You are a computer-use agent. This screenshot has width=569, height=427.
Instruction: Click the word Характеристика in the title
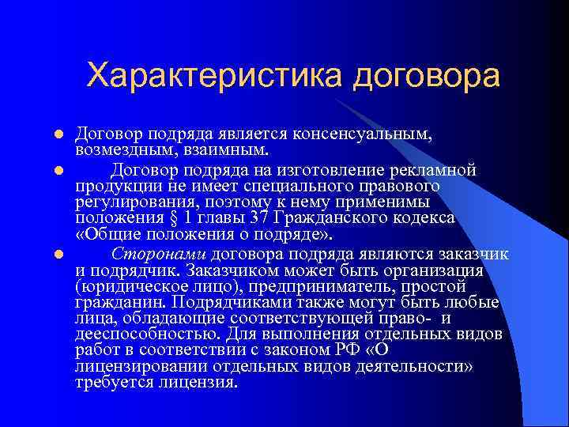(214, 76)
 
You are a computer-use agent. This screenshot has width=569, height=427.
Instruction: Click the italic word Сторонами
(159, 254)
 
